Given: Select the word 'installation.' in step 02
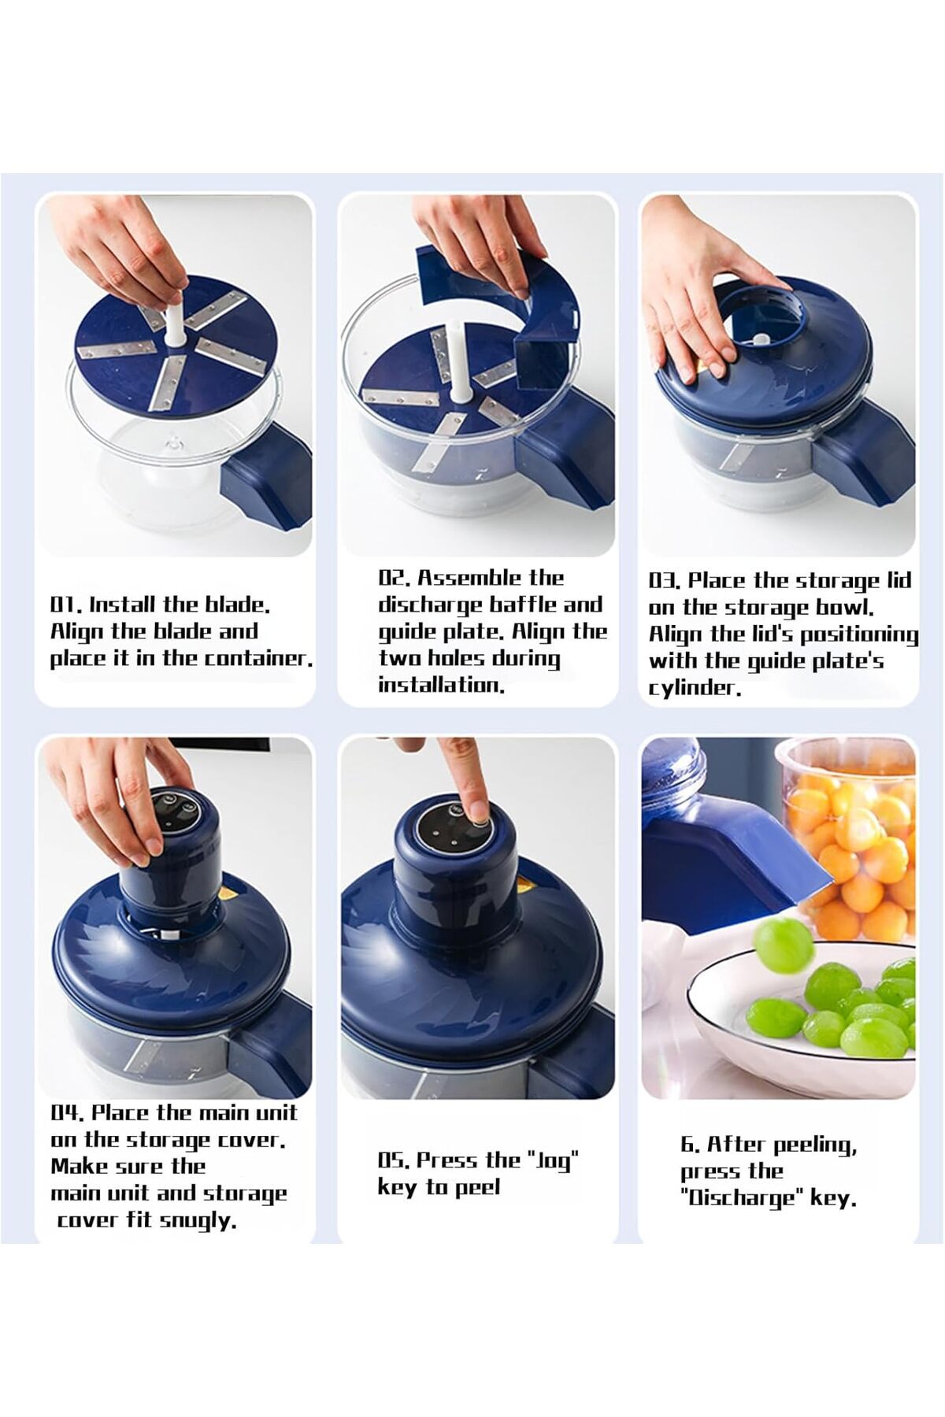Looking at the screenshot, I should coord(441,685).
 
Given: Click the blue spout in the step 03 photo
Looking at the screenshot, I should coord(862,457).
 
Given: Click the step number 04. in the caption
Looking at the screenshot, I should coord(67,1112).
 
